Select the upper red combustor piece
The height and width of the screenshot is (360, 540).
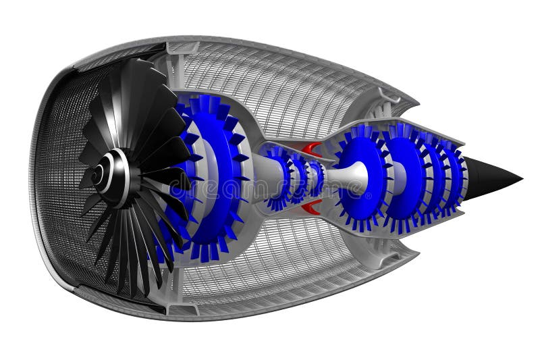pyautogui.click(x=312, y=149)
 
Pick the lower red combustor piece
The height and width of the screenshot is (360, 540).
pyautogui.click(x=311, y=208)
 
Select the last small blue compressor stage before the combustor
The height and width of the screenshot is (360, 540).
pyautogui.click(x=316, y=178)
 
